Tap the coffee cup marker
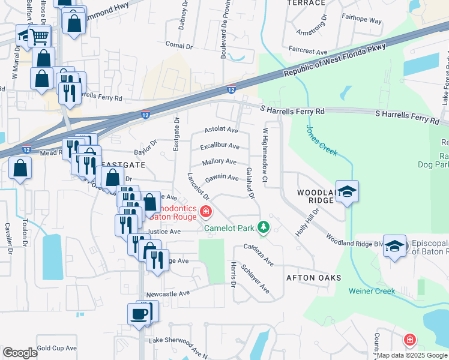pos(139,314)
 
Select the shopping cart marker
pos(39,36)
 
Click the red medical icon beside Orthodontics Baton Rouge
pos(206,211)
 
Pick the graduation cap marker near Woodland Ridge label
pos(347,191)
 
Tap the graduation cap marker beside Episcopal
pos(394,247)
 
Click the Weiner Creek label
pos(372,291)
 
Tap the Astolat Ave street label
pos(221,130)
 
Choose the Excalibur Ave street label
pos(220,146)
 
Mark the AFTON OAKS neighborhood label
pos(313,278)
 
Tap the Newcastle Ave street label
pos(168,293)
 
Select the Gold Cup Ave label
pos(56,348)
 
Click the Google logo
pos(20,352)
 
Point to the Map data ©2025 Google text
pos(411,355)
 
